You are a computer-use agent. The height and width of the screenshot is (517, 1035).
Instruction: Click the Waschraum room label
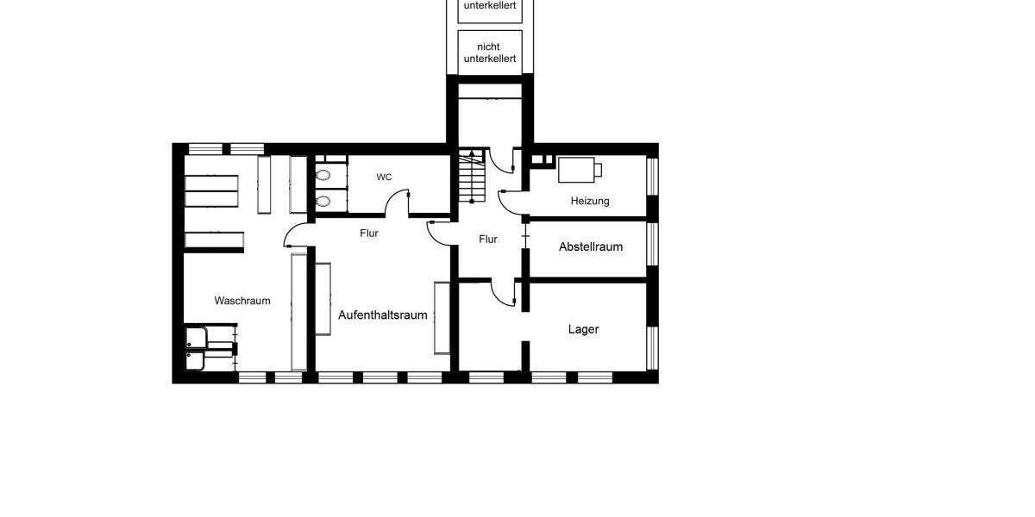point(242,301)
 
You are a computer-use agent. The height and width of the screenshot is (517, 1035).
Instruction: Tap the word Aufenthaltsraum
point(383,315)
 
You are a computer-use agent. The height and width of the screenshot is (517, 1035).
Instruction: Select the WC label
point(384,177)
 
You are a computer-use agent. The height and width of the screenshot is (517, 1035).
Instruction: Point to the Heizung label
point(590,201)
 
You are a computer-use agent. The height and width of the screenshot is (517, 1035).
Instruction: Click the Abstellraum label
point(591,246)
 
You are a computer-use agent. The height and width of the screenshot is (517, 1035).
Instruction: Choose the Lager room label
point(583,329)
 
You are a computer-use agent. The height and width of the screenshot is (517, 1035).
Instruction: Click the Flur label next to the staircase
point(488,240)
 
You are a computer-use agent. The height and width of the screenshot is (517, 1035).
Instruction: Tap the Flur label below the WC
point(369,233)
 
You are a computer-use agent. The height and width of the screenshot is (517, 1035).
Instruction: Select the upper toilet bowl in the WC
point(323,176)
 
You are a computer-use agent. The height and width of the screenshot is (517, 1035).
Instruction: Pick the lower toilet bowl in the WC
point(323,202)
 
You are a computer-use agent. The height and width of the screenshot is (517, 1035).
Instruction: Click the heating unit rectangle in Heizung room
point(579,170)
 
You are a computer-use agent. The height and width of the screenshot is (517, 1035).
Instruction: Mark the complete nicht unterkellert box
point(489,53)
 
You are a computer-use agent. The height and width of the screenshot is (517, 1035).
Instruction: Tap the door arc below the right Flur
point(501,294)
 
